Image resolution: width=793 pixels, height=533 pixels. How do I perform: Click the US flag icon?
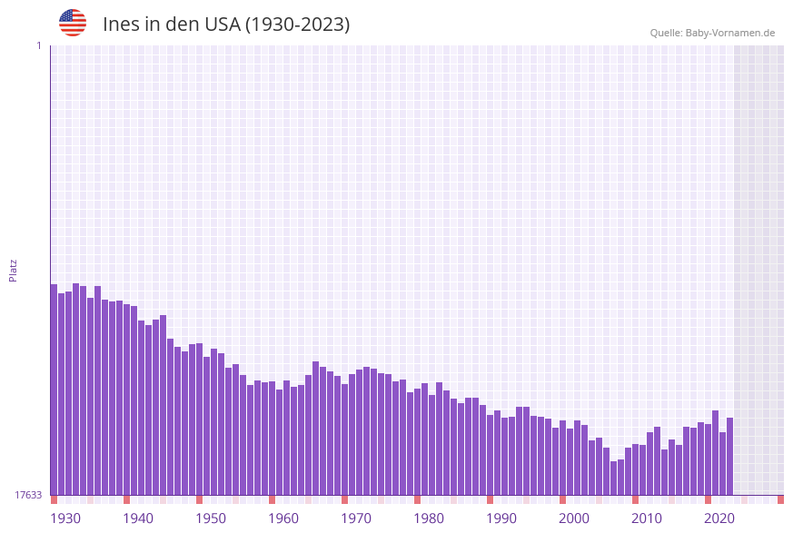click(73, 23)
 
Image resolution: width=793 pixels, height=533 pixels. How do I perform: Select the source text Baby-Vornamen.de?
click(730, 33)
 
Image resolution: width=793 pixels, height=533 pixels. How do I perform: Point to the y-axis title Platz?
click(14, 270)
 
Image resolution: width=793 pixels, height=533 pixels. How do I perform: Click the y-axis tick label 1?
click(38, 45)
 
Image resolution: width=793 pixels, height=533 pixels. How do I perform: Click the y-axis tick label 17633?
click(28, 495)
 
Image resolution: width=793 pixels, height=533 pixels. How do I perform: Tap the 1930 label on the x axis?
click(65, 518)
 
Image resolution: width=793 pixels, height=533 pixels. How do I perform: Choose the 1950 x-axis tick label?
click(211, 518)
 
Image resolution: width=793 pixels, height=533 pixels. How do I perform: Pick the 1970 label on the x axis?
click(356, 518)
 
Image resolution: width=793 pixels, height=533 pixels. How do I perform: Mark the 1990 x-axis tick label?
click(501, 518)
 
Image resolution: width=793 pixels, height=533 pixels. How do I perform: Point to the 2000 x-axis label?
click(574, 518)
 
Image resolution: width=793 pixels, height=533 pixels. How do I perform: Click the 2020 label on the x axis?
click(719, 518)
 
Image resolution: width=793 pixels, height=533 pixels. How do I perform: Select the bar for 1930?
click(55, 390)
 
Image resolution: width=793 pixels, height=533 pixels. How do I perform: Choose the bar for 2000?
click(563, 458)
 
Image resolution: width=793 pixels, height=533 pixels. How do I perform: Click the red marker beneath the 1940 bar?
click(127, 499)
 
